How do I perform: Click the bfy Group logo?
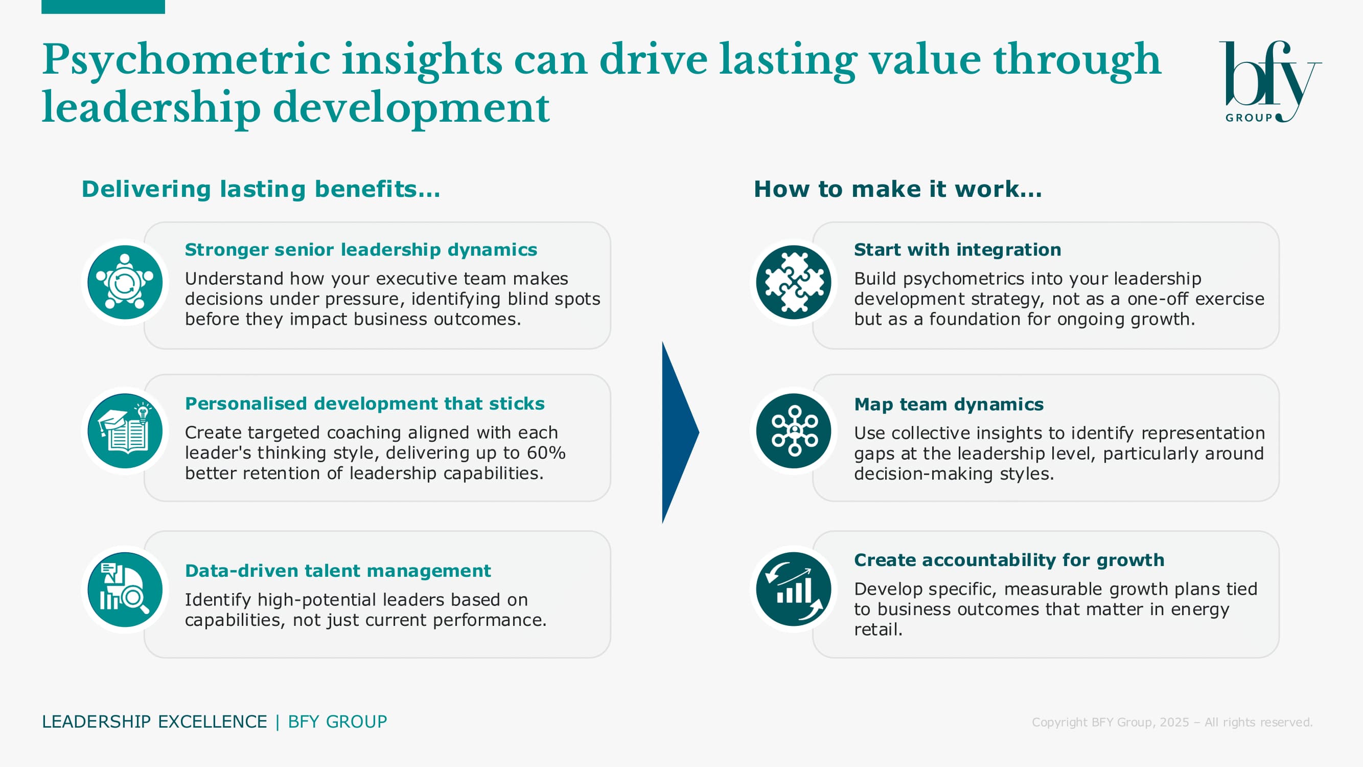1270,81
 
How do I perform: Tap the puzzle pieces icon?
794,282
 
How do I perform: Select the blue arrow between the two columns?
680,433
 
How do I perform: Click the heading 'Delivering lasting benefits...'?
261,189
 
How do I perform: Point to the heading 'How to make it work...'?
898,189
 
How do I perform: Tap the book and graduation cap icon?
125,431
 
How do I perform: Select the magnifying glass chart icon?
125,589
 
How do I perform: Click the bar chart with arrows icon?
794,589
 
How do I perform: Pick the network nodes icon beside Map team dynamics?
794,431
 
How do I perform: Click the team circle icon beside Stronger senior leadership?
125,282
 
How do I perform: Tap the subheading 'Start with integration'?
958,250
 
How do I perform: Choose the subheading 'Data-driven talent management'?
338,571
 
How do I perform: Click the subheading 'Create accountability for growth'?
1009,560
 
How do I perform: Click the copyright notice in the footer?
1172,722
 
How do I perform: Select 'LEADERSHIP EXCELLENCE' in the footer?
154,721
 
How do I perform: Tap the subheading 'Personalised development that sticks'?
364,403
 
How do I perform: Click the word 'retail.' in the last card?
879,629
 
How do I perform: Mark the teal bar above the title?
103,7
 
